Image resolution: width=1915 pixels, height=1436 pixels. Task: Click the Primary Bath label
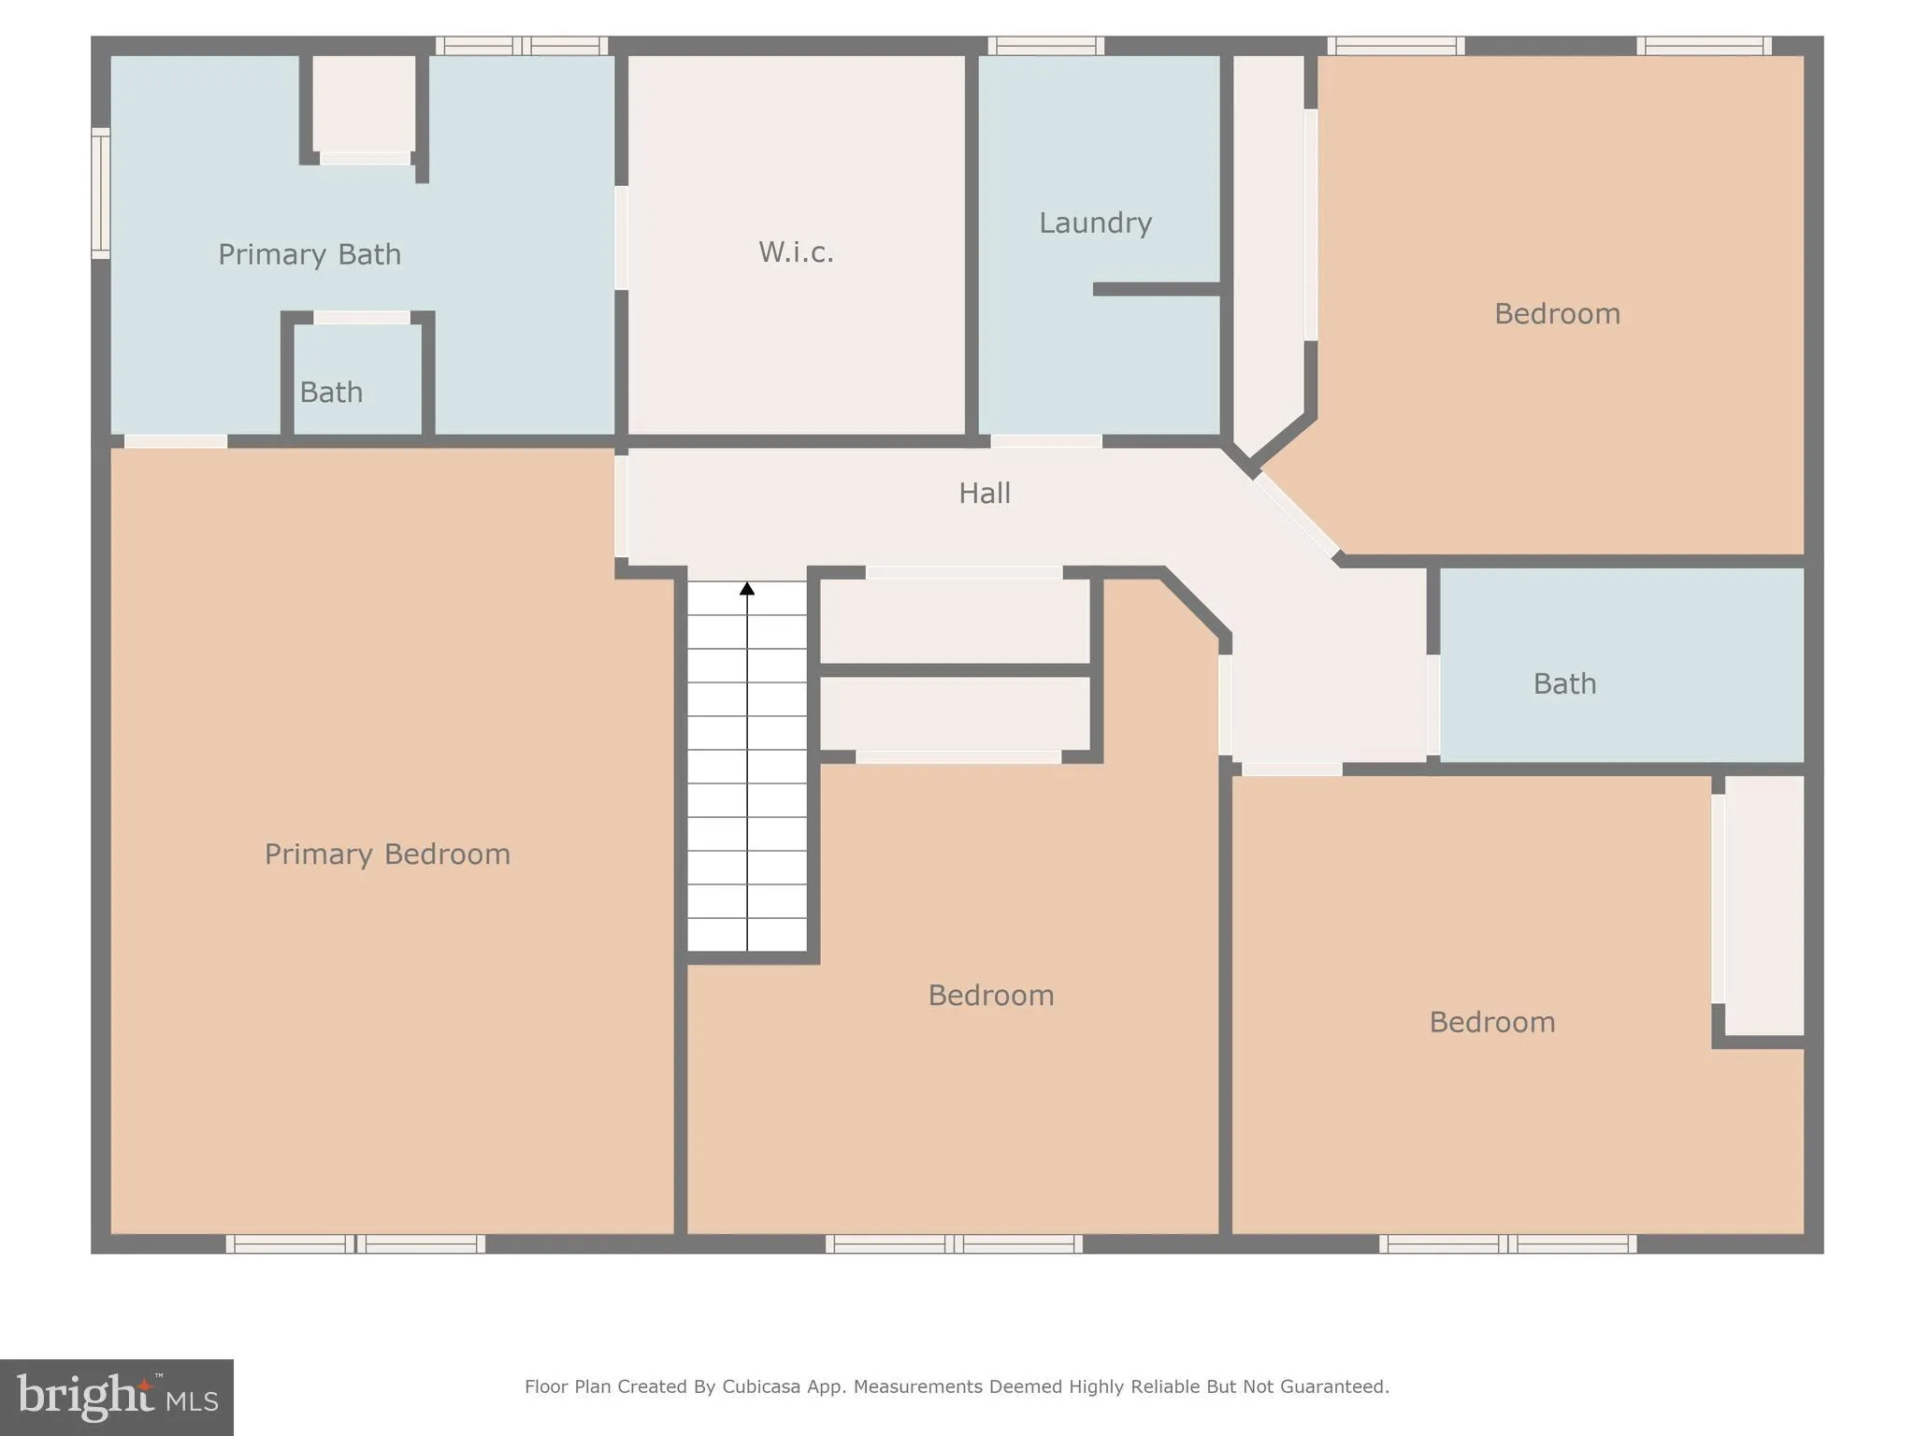310,254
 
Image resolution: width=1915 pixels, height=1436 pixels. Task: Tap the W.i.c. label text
796,251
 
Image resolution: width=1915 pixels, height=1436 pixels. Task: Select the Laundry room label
1095,223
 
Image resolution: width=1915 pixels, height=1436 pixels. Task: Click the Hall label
984,493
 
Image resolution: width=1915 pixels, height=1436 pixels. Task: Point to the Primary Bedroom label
387,854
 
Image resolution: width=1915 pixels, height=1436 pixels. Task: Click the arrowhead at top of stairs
747,589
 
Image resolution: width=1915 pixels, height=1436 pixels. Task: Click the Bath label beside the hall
1564,683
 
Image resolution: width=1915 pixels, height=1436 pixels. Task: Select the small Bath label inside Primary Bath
331,392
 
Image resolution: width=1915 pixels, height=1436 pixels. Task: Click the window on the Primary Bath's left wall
100,194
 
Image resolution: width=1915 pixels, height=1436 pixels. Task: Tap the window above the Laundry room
1046,46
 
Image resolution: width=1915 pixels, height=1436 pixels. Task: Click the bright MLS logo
116,1397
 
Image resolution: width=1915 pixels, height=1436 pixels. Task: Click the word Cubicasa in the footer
760,1386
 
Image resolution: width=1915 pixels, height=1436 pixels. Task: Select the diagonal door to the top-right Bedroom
1297,515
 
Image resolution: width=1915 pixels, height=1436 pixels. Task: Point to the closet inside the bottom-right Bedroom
1764,905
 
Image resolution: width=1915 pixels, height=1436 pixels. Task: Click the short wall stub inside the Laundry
1157,289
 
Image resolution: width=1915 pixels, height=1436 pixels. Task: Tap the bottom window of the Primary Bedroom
355,1243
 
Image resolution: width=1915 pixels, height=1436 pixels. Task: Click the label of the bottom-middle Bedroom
990,995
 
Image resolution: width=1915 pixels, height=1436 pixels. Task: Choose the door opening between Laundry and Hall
1046,441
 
